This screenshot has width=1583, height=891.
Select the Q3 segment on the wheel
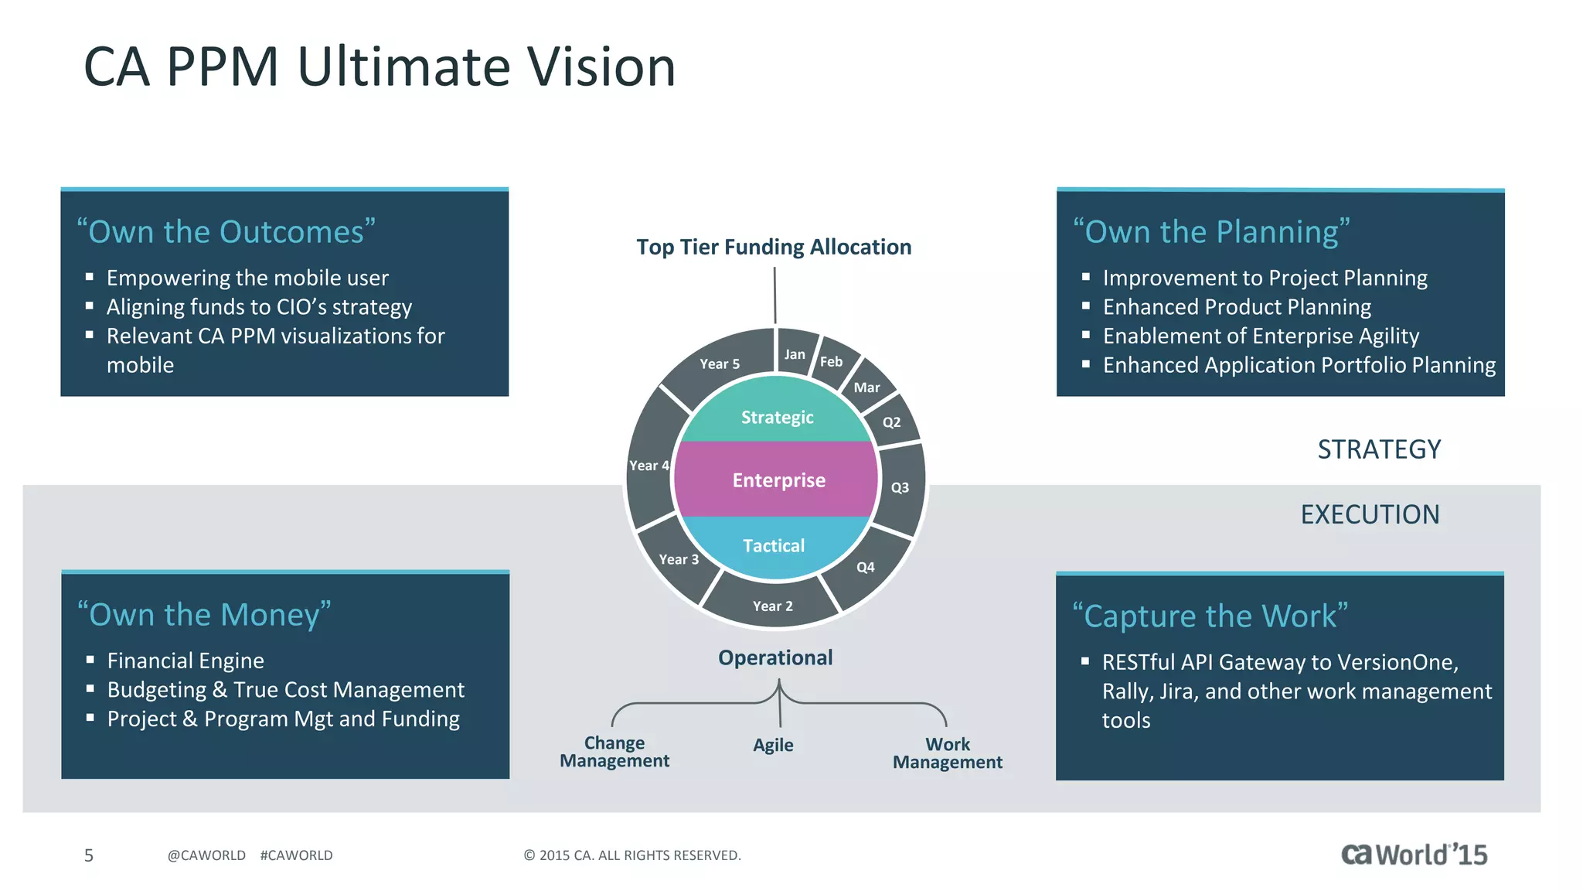coord(900,487)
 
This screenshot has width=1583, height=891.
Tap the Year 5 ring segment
coord(720,364)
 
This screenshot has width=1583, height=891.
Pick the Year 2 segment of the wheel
coord(773,606)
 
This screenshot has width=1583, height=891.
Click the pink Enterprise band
coord(778,480)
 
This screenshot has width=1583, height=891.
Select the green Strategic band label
coord(777,418)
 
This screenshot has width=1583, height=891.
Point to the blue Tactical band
coord(774,546)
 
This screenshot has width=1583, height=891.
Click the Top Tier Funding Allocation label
coord(774,247)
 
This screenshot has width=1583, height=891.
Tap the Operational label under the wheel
coord(775,657)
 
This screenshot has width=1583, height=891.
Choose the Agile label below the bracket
coord(773,745)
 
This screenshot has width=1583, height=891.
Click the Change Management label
coord(614,752)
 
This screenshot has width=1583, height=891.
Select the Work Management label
coord(948,753)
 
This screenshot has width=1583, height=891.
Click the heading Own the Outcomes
coord(226,232)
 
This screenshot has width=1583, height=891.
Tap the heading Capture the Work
coord(1210,616)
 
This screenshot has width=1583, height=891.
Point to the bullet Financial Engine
coord(186,661)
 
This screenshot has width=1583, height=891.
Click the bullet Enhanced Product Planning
coord(1237,307)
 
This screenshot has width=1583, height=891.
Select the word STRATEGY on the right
coord(1379,449)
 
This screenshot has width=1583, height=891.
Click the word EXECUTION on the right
coord(1370,514)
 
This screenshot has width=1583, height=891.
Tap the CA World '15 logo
coord(1414,855)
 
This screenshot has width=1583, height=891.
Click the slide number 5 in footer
coord(89,855)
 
